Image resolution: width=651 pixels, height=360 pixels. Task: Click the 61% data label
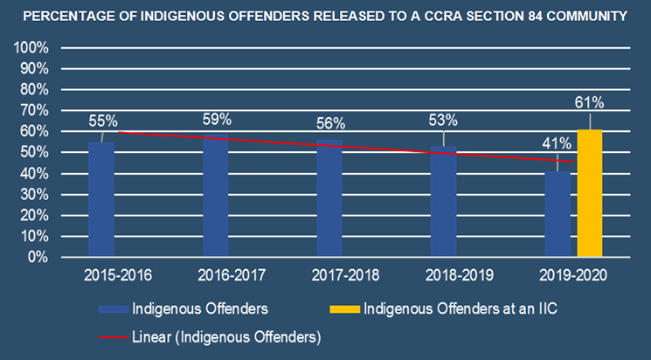[590, 103]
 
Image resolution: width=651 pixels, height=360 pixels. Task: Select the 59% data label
[216, 119]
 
